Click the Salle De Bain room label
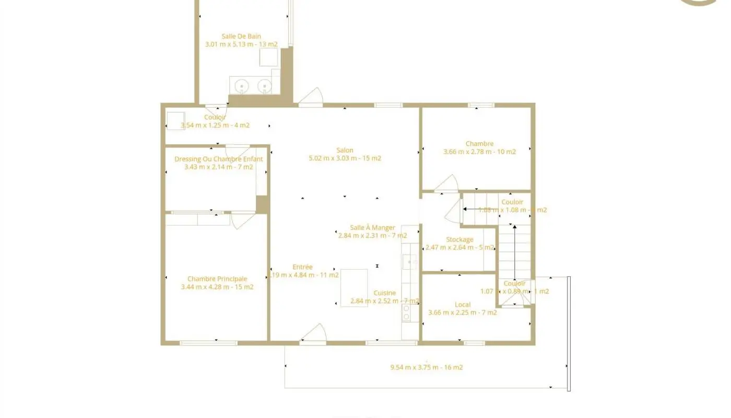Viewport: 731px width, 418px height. point(241,36)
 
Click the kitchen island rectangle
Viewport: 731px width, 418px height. point(353,287)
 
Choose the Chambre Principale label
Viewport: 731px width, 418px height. point(217,279)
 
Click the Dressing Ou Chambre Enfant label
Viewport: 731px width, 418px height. point(218,159)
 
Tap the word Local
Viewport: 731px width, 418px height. point(463,305)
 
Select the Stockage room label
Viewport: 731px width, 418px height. point(459,240)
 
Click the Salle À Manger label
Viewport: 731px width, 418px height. point(372,228)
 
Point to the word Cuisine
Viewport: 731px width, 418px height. point(384,293)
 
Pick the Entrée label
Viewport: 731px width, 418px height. point(302,267)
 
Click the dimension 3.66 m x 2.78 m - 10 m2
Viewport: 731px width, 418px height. point(479,152)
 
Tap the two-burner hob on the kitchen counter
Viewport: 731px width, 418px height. point(406,312)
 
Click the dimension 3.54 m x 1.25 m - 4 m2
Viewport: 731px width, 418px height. point(215,125)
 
